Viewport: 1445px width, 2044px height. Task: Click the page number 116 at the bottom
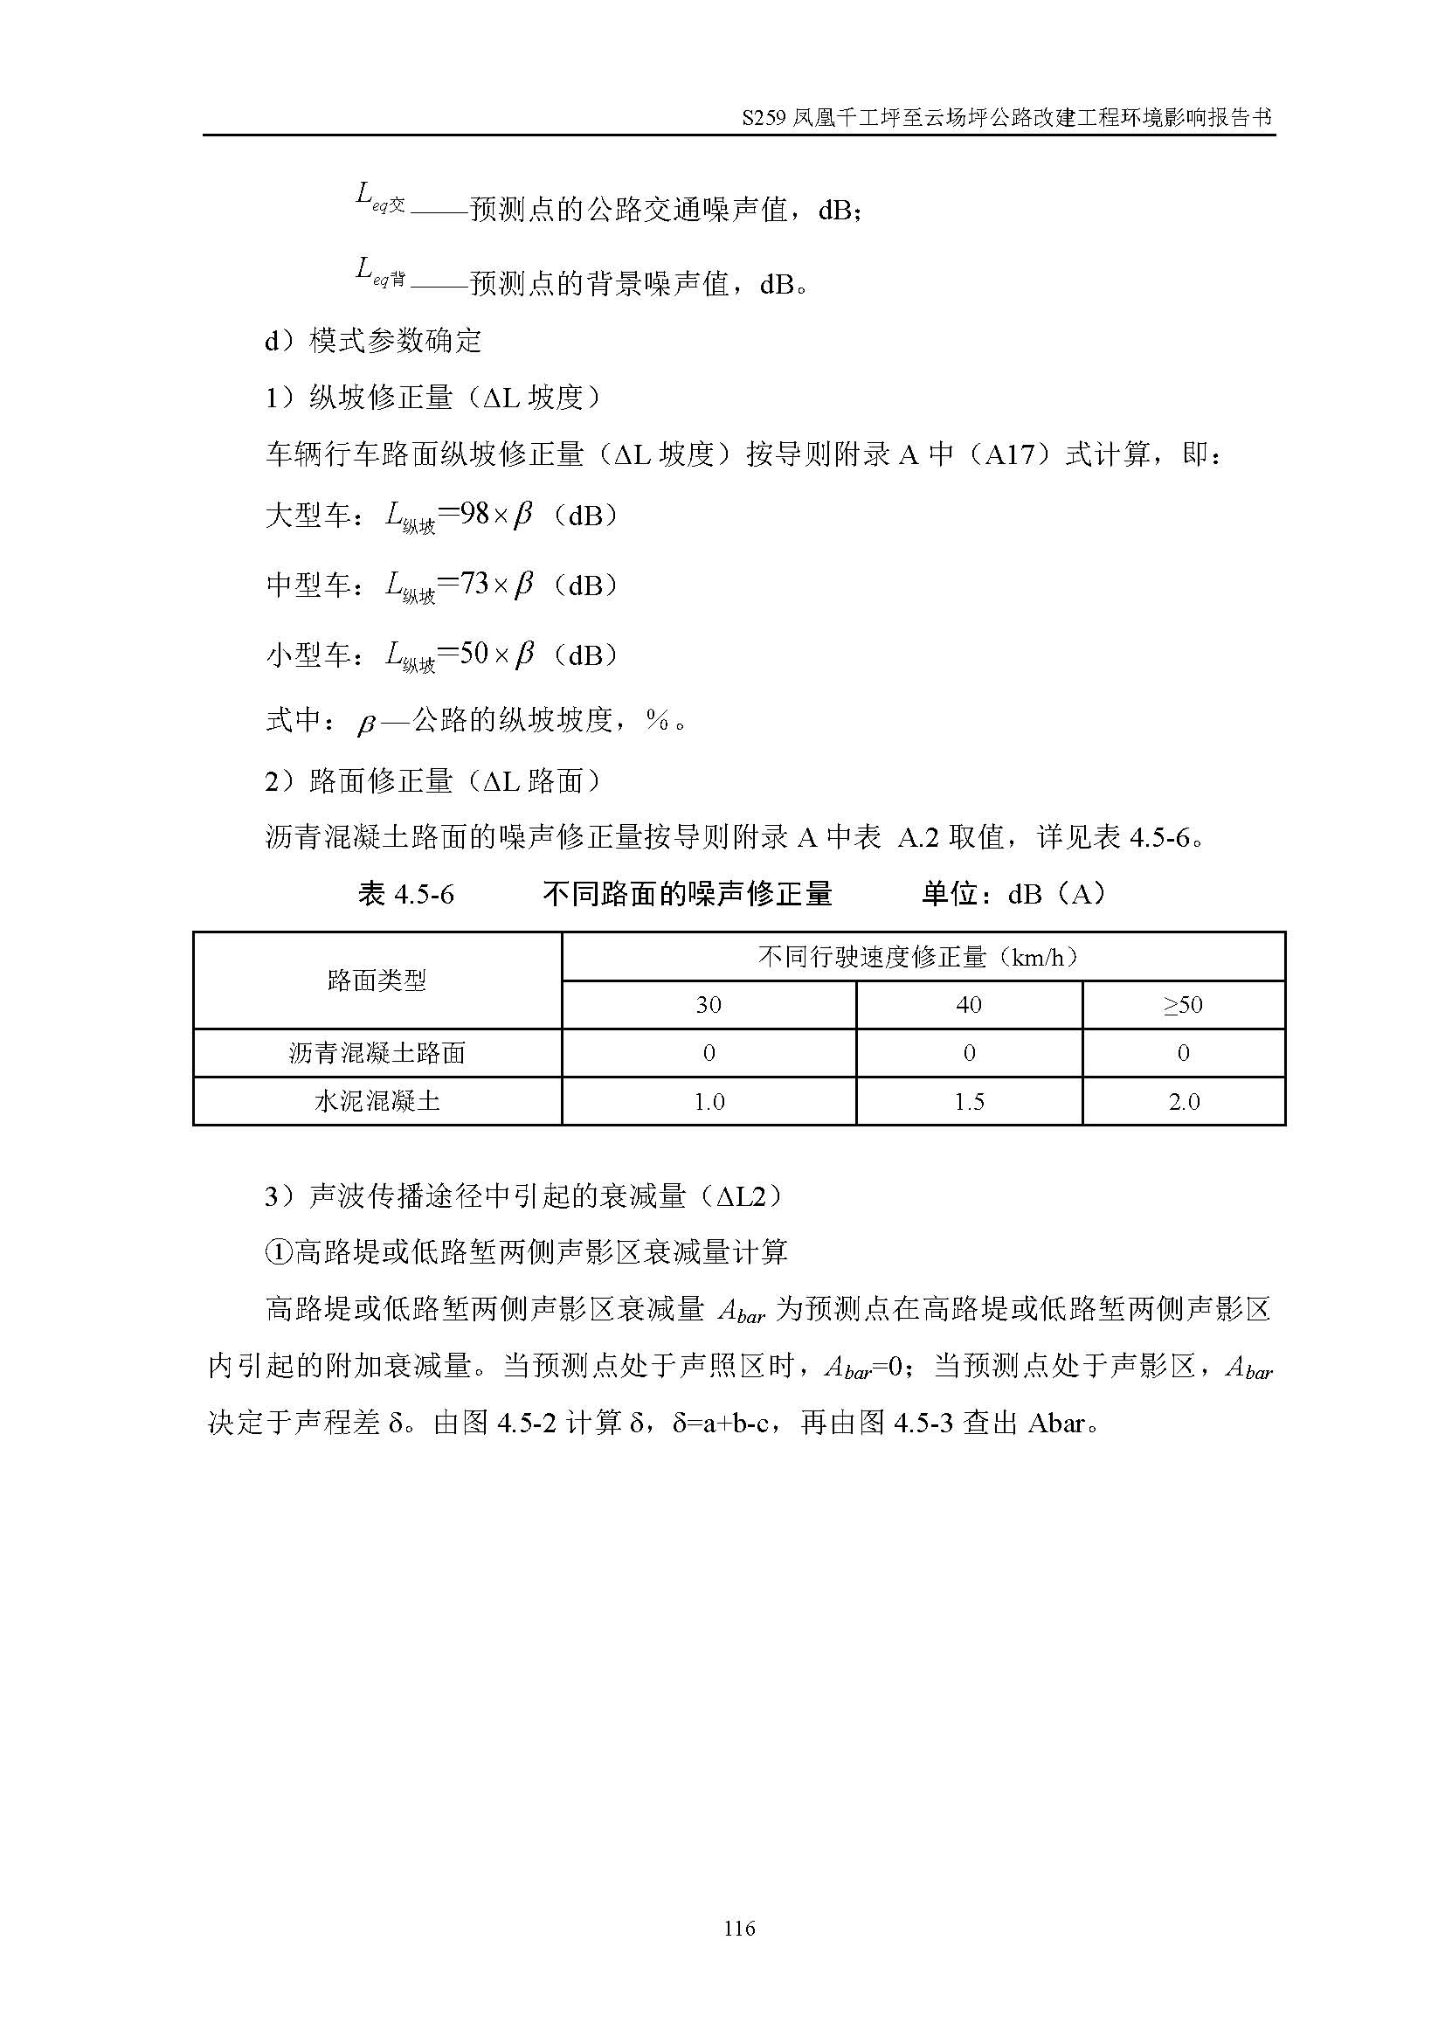pyautogui.click(x=739, y=1929)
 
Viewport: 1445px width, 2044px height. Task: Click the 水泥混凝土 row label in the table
pyautogui.click(x=377, y=1101)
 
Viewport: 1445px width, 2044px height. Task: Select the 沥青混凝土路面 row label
pyautogui.click(x=377, y=1053)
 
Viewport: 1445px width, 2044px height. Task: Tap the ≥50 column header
pyautogui.click(x=1183, y=1005)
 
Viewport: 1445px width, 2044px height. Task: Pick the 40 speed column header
pyautogui.click(x=968, y=1005)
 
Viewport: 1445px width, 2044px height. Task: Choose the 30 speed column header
pyautogui.click(x=709, y=1005)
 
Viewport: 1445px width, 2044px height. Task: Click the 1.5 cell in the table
pyautogui.click(x=968, y=1102)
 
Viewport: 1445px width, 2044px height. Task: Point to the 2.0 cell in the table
pyautogui.click(x=1184, y=1102)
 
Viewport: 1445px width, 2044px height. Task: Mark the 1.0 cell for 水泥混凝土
pyautogui.click(x=709, y=1102)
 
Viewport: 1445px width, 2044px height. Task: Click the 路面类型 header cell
pyautogui.click(x=377, y=981)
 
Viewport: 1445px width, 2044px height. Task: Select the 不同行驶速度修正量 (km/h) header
pyautogui.click(x=922, y=957)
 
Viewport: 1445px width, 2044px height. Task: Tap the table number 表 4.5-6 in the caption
pyautogui.click(x=405, y=894)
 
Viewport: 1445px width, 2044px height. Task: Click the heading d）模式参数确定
pyautogui.click(x=373, y=340)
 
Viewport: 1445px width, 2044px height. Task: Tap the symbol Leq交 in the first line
pyautogui.click(x=380, y=197)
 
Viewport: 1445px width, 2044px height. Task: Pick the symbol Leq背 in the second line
pyautogui.click(x=380, y=272)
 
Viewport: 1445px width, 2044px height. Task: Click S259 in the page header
pyautogui.click(x=764, y=117)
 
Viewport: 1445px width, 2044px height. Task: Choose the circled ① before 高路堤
pyautogui.click(x=279, y=1252)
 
